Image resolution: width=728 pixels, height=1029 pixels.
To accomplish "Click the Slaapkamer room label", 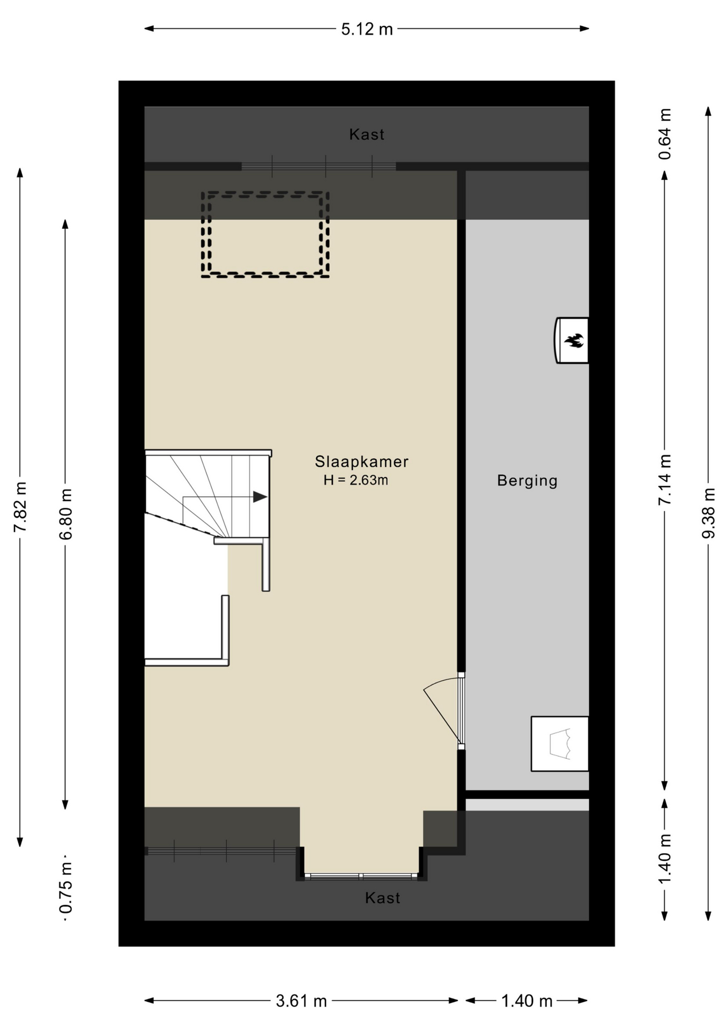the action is coord(361,461).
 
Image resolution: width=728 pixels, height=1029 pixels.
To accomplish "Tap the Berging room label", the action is coord(528,481).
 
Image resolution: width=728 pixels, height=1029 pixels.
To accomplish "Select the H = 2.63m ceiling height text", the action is coord(356,480).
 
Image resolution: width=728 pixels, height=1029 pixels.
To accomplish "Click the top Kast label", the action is coord(367,135).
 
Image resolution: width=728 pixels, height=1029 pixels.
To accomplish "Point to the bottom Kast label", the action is coord(383,898).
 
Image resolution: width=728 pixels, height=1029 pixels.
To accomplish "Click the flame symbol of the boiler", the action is coord(574,340).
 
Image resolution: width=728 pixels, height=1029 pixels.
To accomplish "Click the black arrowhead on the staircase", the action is coord(260,497).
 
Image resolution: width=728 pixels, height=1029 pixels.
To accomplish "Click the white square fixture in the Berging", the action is coord(560,744).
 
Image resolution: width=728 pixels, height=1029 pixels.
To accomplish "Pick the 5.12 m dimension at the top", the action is coord(367,29).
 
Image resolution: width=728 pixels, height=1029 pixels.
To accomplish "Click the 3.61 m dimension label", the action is coord(301,1001).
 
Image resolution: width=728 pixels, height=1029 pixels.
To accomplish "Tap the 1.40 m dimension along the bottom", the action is coord(527,1001).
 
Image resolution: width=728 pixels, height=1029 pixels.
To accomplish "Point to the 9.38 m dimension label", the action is coord(709,513).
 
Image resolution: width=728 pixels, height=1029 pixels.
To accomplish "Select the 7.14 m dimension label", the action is coord(665,479).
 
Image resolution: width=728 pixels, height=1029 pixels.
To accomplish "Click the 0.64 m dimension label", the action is coord(665,134).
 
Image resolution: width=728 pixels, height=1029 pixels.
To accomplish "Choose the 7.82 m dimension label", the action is coord(20,507).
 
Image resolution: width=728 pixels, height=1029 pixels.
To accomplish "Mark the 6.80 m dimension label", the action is coord(65,514).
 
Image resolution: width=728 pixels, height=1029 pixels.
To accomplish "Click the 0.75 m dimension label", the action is coord(65,888).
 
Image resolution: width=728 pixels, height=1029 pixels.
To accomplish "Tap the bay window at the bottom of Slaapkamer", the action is coord(361,877).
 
